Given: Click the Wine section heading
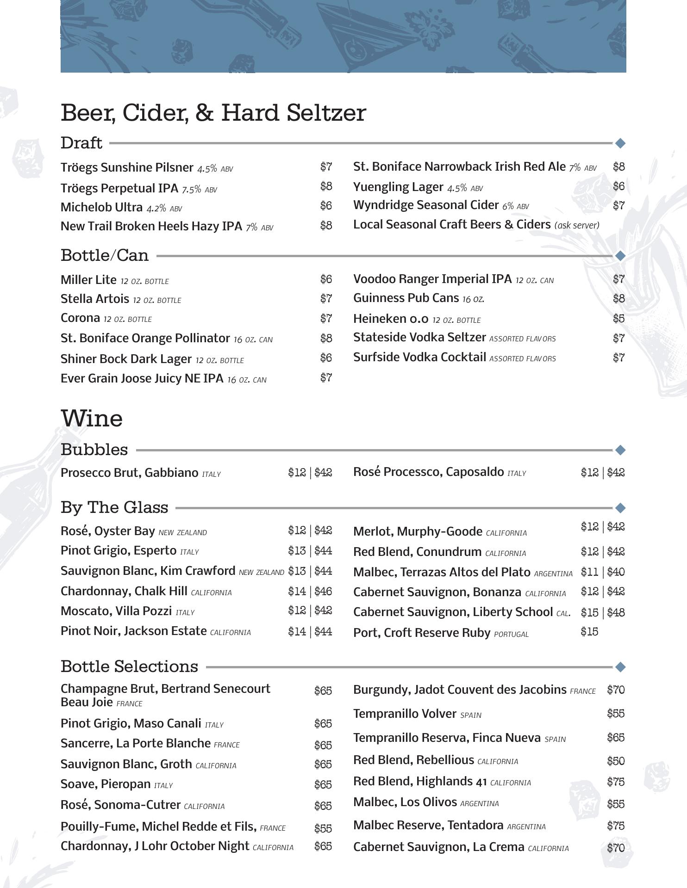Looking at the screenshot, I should (x=92, y=419).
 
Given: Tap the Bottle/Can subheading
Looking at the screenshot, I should (x=105, y=255).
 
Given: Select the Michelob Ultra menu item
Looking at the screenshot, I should (x=102, y=207).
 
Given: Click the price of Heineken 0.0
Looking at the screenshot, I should (x=618, y=318).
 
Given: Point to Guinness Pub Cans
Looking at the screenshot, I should (x=406, y=298).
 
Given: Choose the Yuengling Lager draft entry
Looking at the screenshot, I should (x=398, y=187).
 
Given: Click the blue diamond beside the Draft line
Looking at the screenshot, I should (x=620, y=143).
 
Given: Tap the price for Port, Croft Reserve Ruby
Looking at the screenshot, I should (x=589, y=632).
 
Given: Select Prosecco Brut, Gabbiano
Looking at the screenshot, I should (x=130, y=473).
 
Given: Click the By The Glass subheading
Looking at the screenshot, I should (x=114, y=507).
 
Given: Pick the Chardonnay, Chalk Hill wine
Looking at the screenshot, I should (x=124, y=591).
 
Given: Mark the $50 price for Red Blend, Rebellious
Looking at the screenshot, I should (x=616, y=761).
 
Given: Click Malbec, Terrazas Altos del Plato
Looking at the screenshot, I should (x=442, y=572).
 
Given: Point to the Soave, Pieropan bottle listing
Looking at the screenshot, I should (x=106, y=784).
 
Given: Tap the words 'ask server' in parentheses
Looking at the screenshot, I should (x=577, y=225).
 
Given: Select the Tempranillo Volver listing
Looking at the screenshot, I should (x=405, y=714).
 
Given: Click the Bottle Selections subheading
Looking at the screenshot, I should (x=129, y=666).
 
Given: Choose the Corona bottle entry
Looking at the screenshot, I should (x=81, y=318).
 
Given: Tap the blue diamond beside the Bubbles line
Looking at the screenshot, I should (x=620, y=450).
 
